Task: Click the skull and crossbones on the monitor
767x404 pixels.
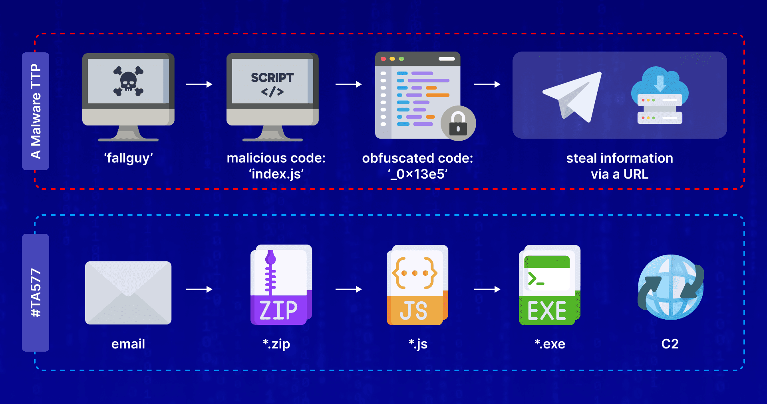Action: (128, 82)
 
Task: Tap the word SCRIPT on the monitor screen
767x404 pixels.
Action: (272, 78)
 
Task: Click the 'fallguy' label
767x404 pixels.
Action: (128, 158)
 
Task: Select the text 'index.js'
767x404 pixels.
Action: (276, 174)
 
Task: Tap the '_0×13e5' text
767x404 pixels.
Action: (417, 174)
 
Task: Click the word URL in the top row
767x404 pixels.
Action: (636, 174)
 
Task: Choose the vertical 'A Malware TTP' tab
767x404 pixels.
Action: (36, 111)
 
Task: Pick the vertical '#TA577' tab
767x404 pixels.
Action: (36, 293)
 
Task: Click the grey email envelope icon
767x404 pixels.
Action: (128, 293)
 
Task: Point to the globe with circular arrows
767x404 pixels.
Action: (671, 287)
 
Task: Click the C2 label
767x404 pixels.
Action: (670, 344)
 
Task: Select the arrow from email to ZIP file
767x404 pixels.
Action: (199, 289)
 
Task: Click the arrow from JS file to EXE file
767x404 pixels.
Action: (487, 289)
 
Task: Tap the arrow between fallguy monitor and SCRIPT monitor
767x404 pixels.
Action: (199, 84)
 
